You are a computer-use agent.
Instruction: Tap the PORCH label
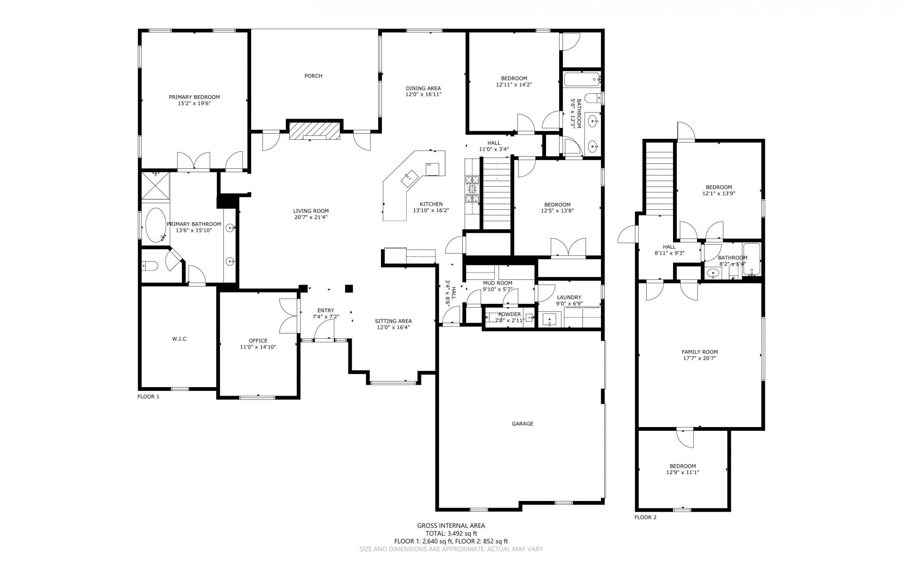coord(313,76)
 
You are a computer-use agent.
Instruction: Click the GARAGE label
coord(523,424)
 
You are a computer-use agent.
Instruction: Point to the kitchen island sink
coord(409,177)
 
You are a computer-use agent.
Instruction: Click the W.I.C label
coord(179,339)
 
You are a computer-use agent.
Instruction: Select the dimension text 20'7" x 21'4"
coord(311,217)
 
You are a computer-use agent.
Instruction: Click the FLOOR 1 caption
coord(148,397)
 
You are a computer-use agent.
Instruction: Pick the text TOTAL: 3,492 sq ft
coord(451,533)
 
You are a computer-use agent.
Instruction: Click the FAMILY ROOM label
coord(699,352)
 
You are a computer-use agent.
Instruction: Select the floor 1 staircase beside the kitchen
coord(497,193)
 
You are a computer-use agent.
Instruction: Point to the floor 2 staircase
coord(659,178)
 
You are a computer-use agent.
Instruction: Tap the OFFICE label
coord(258,341)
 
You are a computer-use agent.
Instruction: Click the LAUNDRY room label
coord(569,297)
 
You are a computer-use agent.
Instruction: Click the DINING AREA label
coord(423,88)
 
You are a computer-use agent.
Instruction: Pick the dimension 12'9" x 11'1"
coord(682,472)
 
